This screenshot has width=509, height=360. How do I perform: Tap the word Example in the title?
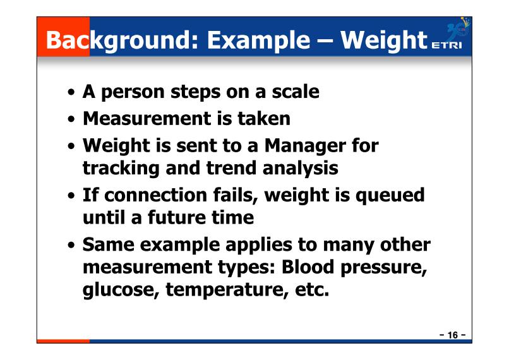[259, 40]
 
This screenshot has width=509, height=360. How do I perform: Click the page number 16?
[453, 335]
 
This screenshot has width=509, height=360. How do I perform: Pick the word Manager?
[305, 146]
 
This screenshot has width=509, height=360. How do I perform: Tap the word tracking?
[121, 169]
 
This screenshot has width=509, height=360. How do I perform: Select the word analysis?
[300, 169]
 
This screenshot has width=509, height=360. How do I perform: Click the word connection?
[156, 195]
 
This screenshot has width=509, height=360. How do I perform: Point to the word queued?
[390, 196]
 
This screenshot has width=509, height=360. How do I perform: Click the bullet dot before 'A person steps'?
[71, 92]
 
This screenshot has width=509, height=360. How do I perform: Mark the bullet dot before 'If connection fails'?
[71, 196]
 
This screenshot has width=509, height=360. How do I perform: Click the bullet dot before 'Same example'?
[71, 245]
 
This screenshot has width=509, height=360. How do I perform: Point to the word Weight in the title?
[384, 40]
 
